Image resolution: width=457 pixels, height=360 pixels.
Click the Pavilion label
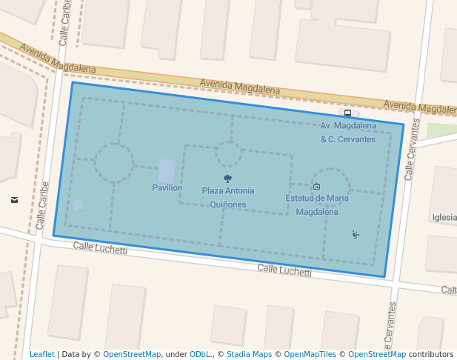tap(167, 188)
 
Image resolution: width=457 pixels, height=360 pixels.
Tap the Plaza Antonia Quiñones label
tap(228, 197)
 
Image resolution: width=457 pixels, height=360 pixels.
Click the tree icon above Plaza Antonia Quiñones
tap(227, 179)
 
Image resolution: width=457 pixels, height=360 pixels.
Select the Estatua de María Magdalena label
tap(317, 204)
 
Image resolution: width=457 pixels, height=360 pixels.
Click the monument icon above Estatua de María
tap(317, 187)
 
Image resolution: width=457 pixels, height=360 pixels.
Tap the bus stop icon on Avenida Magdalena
tap(347, 113)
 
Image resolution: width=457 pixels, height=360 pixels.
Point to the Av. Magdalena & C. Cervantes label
tap(348, 133)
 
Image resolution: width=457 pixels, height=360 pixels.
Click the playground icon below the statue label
tap(356, 235)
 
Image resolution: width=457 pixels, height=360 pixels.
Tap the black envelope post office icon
tap(15, 200)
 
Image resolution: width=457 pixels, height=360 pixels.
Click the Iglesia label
tap(444, 218)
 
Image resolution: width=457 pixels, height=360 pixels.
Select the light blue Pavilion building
tap(167, 170)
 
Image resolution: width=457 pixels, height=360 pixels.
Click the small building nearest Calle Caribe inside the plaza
tap(78, 205)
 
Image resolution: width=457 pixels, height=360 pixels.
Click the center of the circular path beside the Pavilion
tap(114, 164)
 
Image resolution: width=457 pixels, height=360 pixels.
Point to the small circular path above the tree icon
tap(228, 155)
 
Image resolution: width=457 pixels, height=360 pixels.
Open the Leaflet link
tap(42, 354)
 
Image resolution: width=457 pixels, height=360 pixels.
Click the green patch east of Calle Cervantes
tap(441, 131)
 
